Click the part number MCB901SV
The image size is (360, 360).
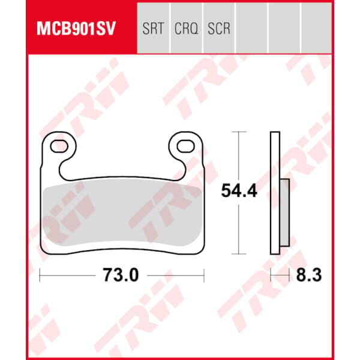click(76, 28)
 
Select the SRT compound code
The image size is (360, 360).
click(153, 28)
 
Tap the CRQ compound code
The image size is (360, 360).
click(186, 29)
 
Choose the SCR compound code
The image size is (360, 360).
click(219, 28)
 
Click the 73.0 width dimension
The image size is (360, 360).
click(121, 275)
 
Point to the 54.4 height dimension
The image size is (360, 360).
click(239, 191)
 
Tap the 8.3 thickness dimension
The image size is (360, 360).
click(309, 275)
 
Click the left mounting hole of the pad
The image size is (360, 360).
click(59, 147)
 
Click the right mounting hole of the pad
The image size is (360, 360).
click(186, 146)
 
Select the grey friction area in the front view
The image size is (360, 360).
click(122, 215)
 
